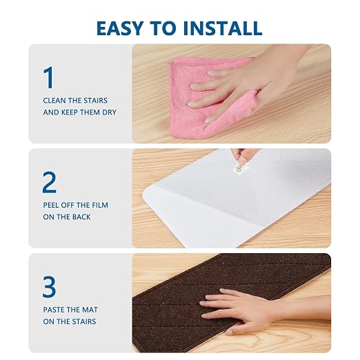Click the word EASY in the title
coord(119,28)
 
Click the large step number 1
coord(49,77)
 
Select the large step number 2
coord(50,182)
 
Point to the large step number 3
coord(49,287)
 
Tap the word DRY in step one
coord(110,112)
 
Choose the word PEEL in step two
coord(51,205)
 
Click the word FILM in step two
coord(100,205)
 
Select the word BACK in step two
coord(81,217)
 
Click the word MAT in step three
coord(90,310)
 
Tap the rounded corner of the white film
coord(146,192)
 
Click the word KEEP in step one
coord(70,112)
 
